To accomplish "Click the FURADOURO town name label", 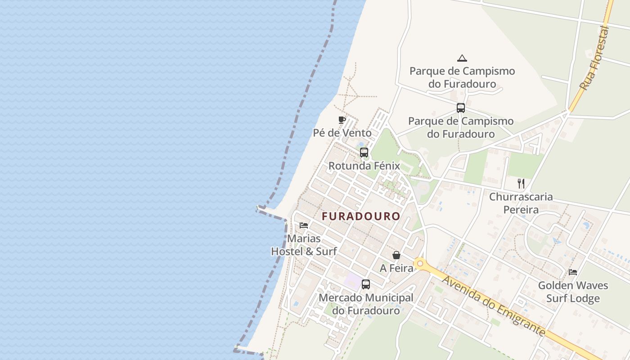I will point(361,216).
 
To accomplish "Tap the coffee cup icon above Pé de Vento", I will point(342,120).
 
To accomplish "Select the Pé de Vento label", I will point(342,133).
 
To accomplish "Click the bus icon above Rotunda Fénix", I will point(364,153).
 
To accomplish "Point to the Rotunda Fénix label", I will point(364,166).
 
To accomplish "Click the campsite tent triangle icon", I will point(462,58).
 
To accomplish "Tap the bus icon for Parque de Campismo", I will point(460,108).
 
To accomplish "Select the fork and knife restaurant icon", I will point(521,183).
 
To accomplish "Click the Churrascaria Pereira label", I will point(521,203).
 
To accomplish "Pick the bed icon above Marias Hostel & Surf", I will point(304,225).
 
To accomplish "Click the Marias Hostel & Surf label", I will point(304,245).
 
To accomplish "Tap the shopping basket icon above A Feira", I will point(396,255).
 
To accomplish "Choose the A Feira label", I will point(396,268).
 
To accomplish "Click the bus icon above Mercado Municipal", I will point(366,284).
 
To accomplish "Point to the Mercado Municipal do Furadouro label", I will point(366,304).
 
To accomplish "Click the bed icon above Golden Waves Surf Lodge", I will point(573,272).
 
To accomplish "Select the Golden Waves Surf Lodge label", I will point(573,292).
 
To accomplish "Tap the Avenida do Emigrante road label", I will point(493,306).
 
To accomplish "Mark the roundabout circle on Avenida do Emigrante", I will point(420,264).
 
